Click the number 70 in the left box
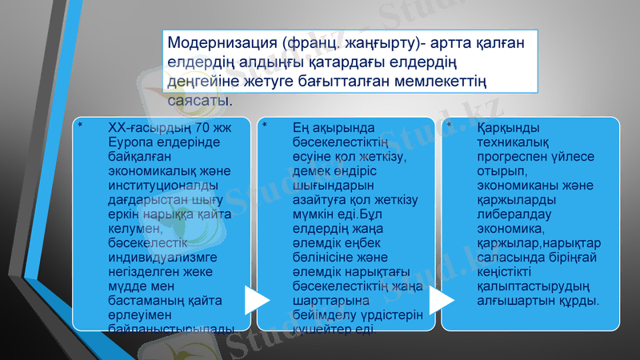(x=203, y=128)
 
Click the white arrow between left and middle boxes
(x=256, y=299)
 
